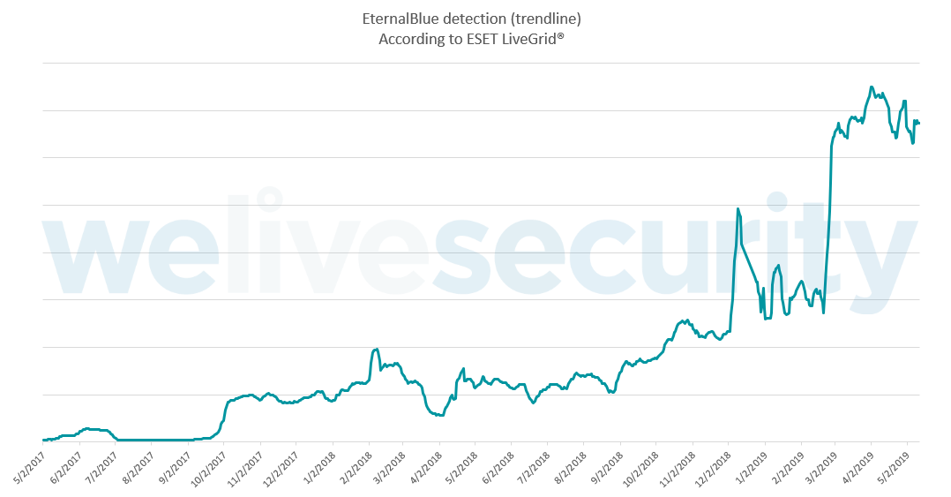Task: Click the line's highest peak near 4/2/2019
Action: pos(872,87)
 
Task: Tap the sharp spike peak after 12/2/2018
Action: pos(738,208)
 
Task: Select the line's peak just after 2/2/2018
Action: pos(376,349)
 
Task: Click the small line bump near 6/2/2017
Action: pos(86,428)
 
